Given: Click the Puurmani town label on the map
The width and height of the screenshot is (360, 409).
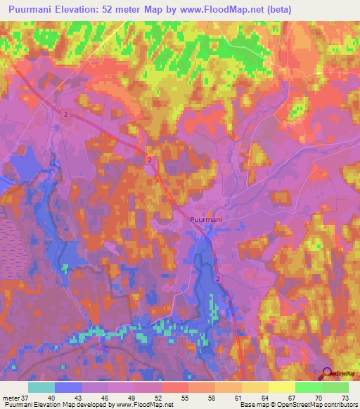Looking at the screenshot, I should [206, 220].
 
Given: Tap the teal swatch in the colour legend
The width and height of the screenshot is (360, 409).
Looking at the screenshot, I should [41, 387].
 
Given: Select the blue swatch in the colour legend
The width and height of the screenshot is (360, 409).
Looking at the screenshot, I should [68, 387].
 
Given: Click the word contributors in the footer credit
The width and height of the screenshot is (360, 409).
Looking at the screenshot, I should [337, 405].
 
